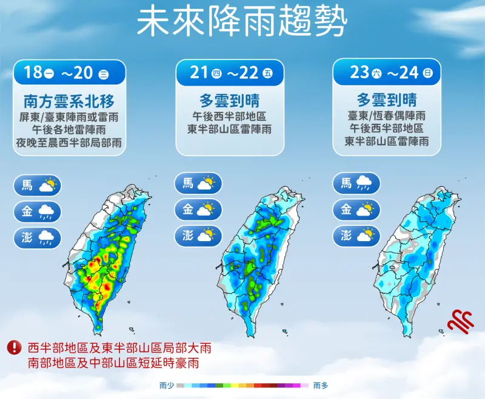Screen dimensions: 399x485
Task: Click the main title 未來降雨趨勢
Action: (x=242, y=22)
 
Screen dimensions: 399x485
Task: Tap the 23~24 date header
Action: (x=386, y=73)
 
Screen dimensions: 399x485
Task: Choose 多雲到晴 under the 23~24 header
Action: (x=386, y=100)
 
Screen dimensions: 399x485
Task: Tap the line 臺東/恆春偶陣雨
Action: (x=386, y=115)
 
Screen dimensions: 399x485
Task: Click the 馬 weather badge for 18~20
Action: (x=38, y=185)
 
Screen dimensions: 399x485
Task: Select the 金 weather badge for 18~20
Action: (x=38, y=211)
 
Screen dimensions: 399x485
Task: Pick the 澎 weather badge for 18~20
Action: (x=38, y=237)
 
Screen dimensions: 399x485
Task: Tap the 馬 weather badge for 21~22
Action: (x=199, y=183)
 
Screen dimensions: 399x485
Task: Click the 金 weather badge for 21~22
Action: (x=199, y=210)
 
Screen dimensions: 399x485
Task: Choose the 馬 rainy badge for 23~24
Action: (x=356, y=183)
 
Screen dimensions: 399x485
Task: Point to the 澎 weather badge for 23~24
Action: (x=356, y=236)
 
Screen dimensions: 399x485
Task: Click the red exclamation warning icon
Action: (x=13, y=347)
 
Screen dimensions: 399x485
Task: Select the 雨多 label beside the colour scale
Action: (x=321, y=385)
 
